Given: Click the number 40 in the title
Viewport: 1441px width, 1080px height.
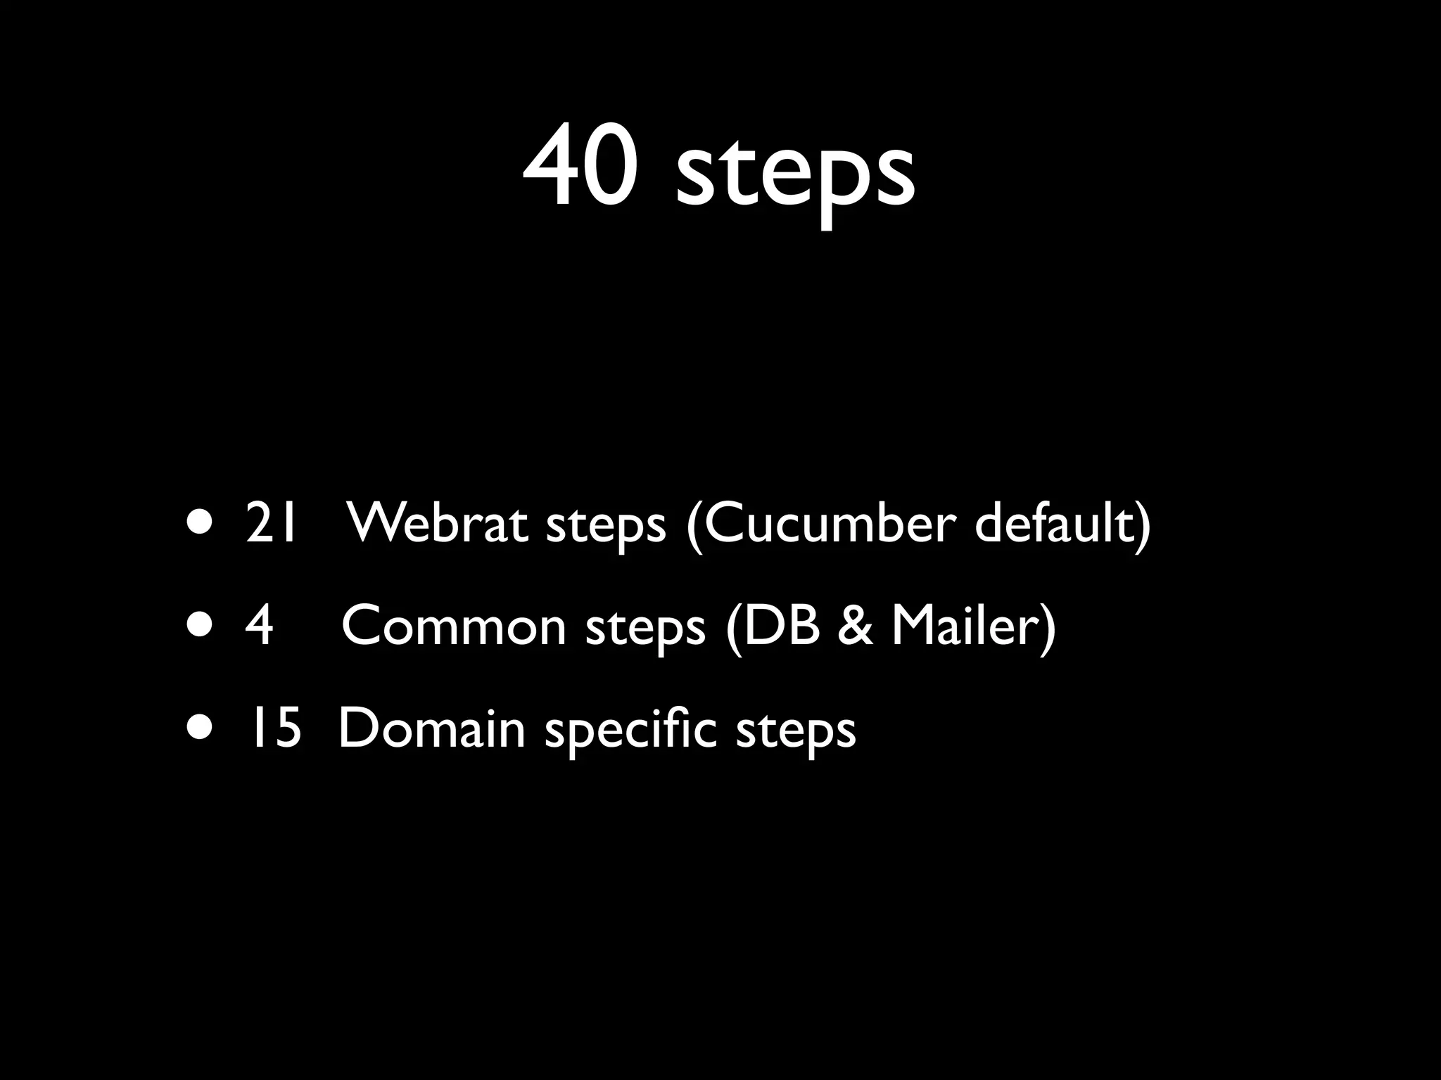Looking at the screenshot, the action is click(581, 166).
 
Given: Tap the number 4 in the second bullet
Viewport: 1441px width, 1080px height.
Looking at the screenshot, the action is click(258, 626).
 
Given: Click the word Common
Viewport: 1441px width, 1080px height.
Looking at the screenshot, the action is click(454, 626).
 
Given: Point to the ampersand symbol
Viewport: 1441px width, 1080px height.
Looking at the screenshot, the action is click(856, 626).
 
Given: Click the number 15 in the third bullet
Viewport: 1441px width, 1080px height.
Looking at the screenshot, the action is click(272, 728).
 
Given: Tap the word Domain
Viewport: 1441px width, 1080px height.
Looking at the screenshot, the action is click(431, 728).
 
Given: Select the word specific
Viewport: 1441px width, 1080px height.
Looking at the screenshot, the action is click(630, 731).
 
